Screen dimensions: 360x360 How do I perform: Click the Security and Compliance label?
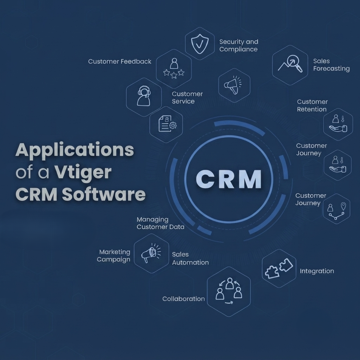coord(238,45)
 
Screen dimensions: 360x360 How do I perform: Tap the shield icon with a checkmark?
coord(200,44)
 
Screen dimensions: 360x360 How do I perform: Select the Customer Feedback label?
coord(120,61)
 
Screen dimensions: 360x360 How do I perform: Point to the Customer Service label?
coord(187,97)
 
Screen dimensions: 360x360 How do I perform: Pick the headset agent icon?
coord(144,96)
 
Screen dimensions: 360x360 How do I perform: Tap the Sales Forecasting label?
coord(331,65)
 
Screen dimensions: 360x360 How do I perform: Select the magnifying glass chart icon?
coord(290,64)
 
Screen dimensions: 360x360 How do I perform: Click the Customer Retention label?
coord(312,106)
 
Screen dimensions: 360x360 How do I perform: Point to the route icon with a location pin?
coord(337,211)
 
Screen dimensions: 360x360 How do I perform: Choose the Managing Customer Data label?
coord(160,223)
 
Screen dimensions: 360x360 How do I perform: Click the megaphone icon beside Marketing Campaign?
coord(151,253)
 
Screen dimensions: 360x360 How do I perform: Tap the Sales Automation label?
coord(190,258)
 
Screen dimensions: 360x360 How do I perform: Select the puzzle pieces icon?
coord(279,268)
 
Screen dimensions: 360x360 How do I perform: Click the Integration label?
coord(317,271)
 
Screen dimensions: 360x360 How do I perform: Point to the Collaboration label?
coord(183,299)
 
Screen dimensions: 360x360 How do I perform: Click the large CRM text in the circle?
coord(229,180)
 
